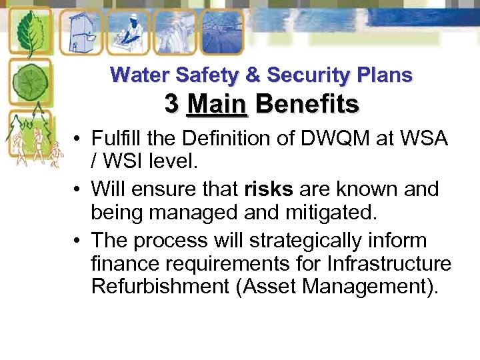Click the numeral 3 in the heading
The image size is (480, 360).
[x=171, y=104]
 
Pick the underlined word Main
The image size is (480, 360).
[x=217, y=104]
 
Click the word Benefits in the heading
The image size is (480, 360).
[x=307, y=104]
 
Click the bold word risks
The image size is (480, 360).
[x=269, y=189]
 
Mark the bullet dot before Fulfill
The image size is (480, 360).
[x=78, y=139]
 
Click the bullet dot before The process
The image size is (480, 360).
[x=78, y=240]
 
